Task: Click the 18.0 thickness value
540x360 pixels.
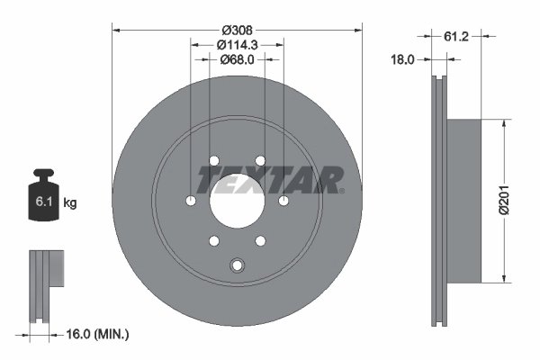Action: click(x=401, y=60)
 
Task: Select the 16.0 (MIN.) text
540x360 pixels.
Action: click(x=100, y=334)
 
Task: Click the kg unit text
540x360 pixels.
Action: click(x=70, y=203)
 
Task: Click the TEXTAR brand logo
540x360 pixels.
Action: click(x=269, y=179)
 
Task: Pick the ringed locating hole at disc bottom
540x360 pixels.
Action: click(x=237, y=266)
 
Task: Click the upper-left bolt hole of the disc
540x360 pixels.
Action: click(x=214, y=161)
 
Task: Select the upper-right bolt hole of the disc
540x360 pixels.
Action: click(x=259, y=161)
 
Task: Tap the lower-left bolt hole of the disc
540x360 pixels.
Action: click(x=214, y=239)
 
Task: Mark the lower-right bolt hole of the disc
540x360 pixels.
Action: click(x=259, y=239)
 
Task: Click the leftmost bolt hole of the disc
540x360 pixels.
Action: click(x=191, y=200)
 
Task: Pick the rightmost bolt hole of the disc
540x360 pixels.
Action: click(x=283, y=200)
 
